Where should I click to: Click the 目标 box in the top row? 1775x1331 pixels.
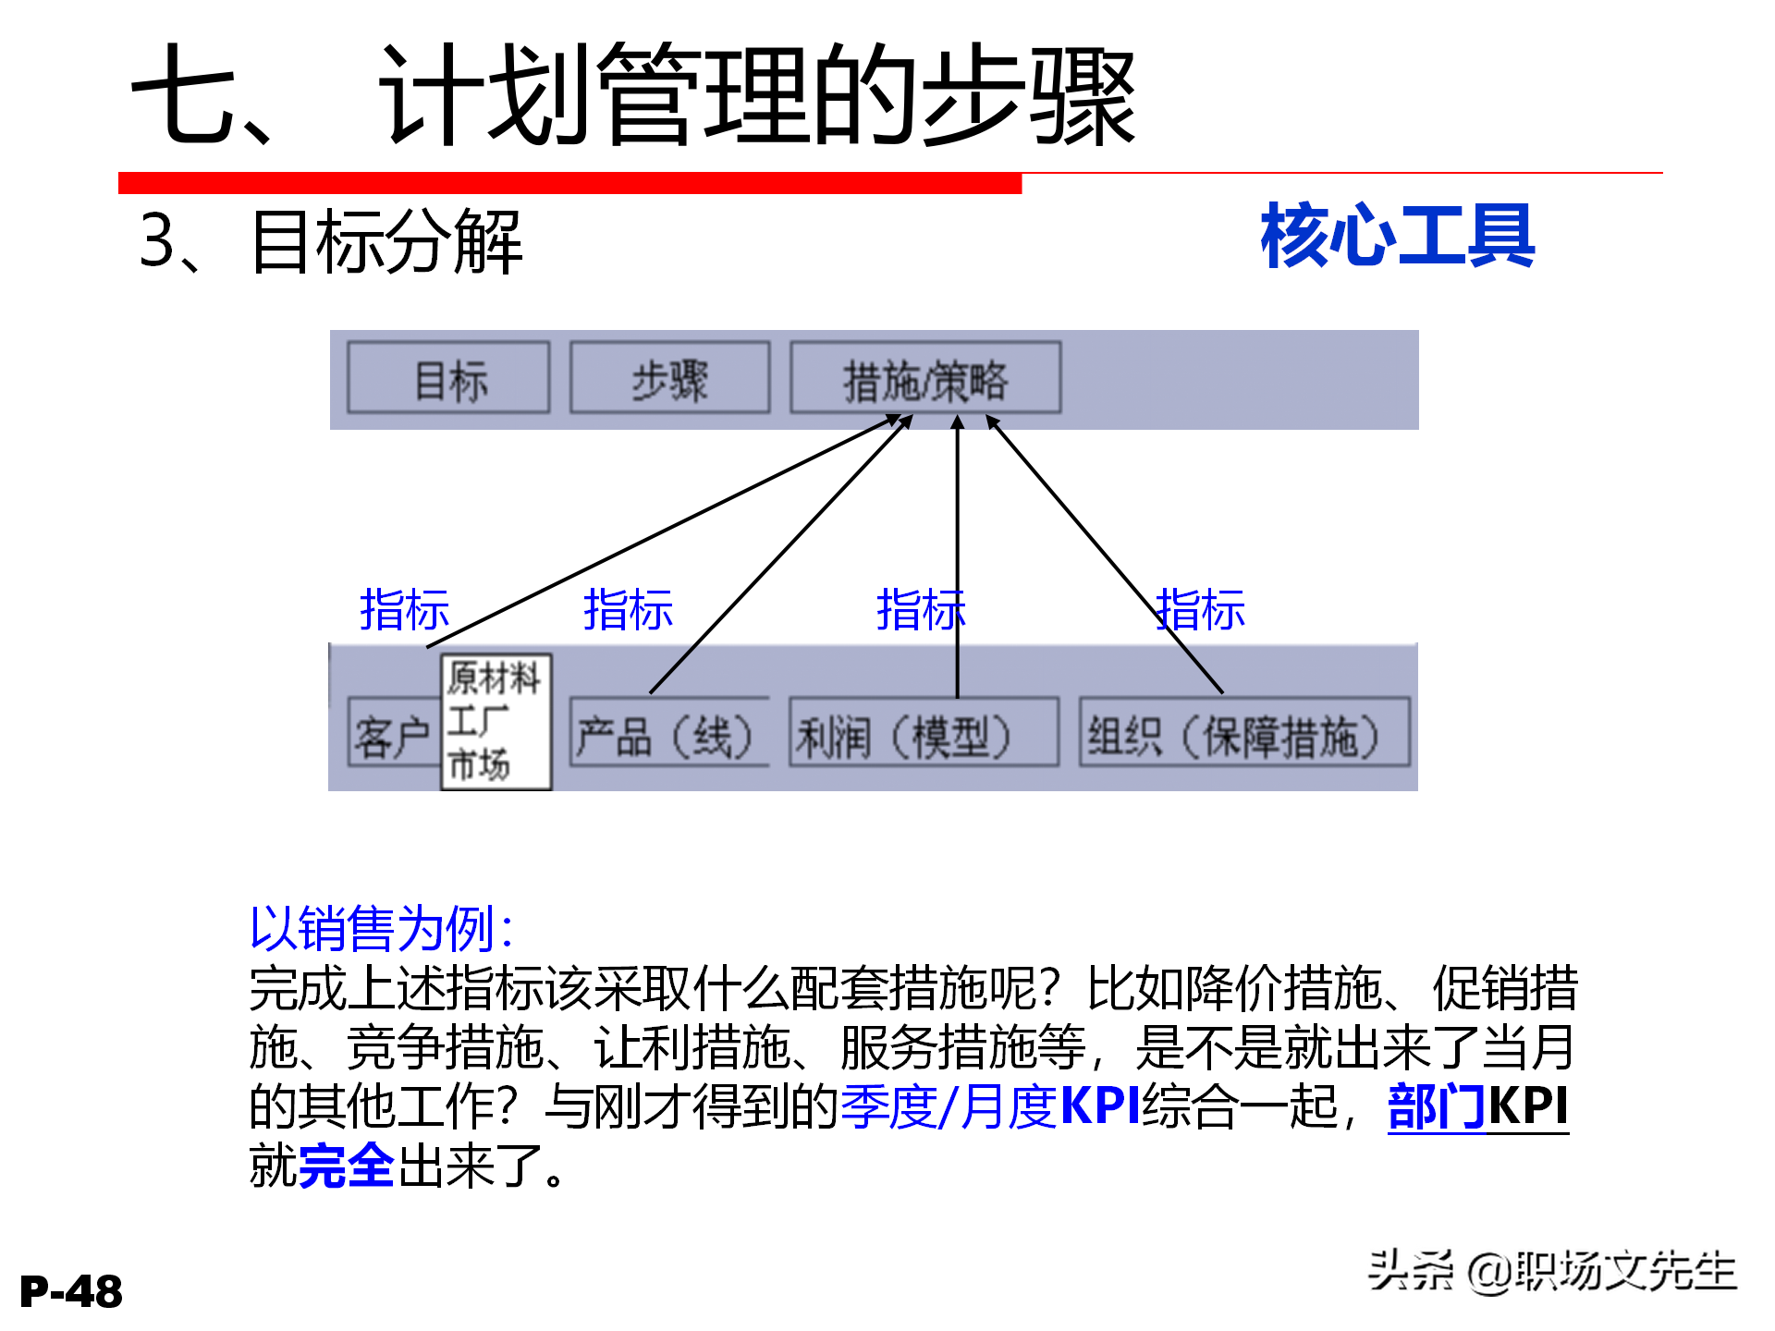point(448,379)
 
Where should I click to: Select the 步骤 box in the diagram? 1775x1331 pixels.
point(670,379)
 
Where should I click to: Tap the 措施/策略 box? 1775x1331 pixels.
point(925,379)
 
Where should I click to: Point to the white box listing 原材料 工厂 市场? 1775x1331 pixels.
point(496,722)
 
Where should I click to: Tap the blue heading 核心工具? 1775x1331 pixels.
point(1397,237)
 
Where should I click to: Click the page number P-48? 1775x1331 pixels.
point(71,1291)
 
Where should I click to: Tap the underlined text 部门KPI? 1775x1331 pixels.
point(1477,1106)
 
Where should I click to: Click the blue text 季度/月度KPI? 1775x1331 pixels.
point(990,1106)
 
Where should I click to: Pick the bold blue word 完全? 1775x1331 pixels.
point(347,1166)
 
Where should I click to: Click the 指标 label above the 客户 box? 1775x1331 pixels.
point(404,610)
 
